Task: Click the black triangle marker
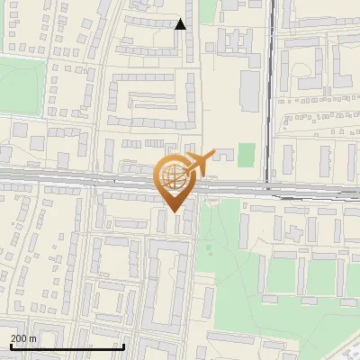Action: (x=180, y=24)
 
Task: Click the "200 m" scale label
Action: (x=23, y=338)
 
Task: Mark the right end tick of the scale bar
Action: (x=123, y=346)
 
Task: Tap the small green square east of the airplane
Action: (x=246, y=153)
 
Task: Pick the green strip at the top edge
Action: (x=208, y=11)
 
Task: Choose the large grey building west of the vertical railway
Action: (x=249, y=87)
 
